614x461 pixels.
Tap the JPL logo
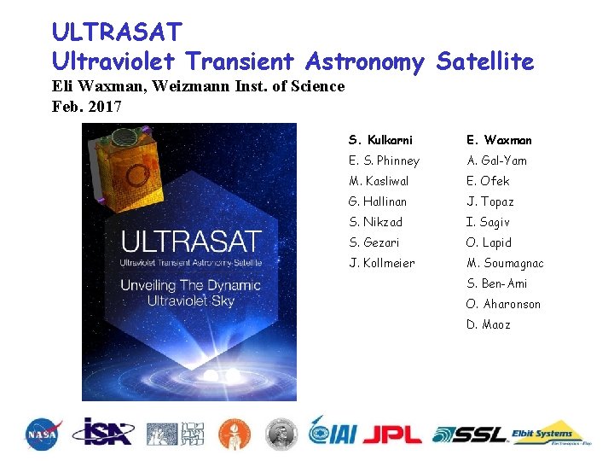pyautogui.click(x=391, y=434)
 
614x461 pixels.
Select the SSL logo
pyautogui.click(x=470, y=434)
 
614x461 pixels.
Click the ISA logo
pyautogui.click(x=102, y=432)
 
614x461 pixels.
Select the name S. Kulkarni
pyautogui.click(x=380, y=140)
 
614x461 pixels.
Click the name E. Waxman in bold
pyautogui.click(x=499, y=140)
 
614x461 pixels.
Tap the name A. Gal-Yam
pyautogui.click(x=496, y=160)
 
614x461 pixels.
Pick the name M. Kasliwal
pyautogui.click(x=379, y=181)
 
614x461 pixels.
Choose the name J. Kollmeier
pyautogui.click(x=382, y=263)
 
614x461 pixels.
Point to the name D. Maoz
pyautogui.click(x=488, y=324)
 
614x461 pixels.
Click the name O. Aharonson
pyautogui.click(x=503, y=304)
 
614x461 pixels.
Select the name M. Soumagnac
pyautogui.click(x=505, y=263)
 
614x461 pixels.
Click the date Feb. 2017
pyautogui.click(x=87, y=107)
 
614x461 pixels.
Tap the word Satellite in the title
pyautogui.click(x=484, y=61)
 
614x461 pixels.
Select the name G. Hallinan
pyautogui.click(x=378, y=201)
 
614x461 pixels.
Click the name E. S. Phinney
pyautogui.click(x=384, y=160)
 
